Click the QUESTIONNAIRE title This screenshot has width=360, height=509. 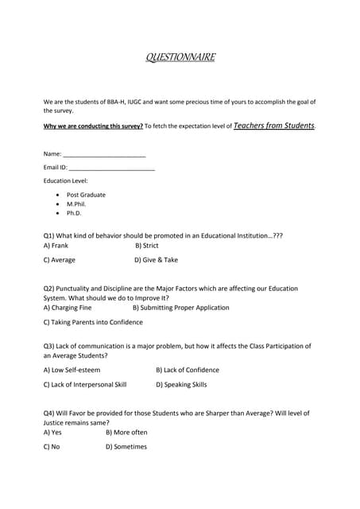[180, 58]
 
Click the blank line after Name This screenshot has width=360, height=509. [104, 153]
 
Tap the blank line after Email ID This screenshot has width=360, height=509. [112, 168]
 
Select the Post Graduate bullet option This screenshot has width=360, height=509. [85, 195]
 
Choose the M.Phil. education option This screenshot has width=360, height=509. [78, 204]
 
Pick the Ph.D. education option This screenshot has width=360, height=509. [74, 213]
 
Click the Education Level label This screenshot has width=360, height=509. [65, 181]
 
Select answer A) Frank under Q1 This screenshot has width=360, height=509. [56, 247]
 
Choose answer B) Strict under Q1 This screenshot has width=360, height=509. [147, 247]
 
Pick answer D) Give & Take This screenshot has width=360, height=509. [156, 260]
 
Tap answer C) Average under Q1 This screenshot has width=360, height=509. [60, 260]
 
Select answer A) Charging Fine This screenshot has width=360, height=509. [68, 308]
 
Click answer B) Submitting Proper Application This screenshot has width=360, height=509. [180, 308]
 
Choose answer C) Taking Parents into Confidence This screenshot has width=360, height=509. [93, 322]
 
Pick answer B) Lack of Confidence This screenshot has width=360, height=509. [187, 370]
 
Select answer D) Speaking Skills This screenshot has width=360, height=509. [181, 384]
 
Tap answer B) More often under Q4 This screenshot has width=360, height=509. [126, 433]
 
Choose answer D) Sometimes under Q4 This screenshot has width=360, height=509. [126, 447]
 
